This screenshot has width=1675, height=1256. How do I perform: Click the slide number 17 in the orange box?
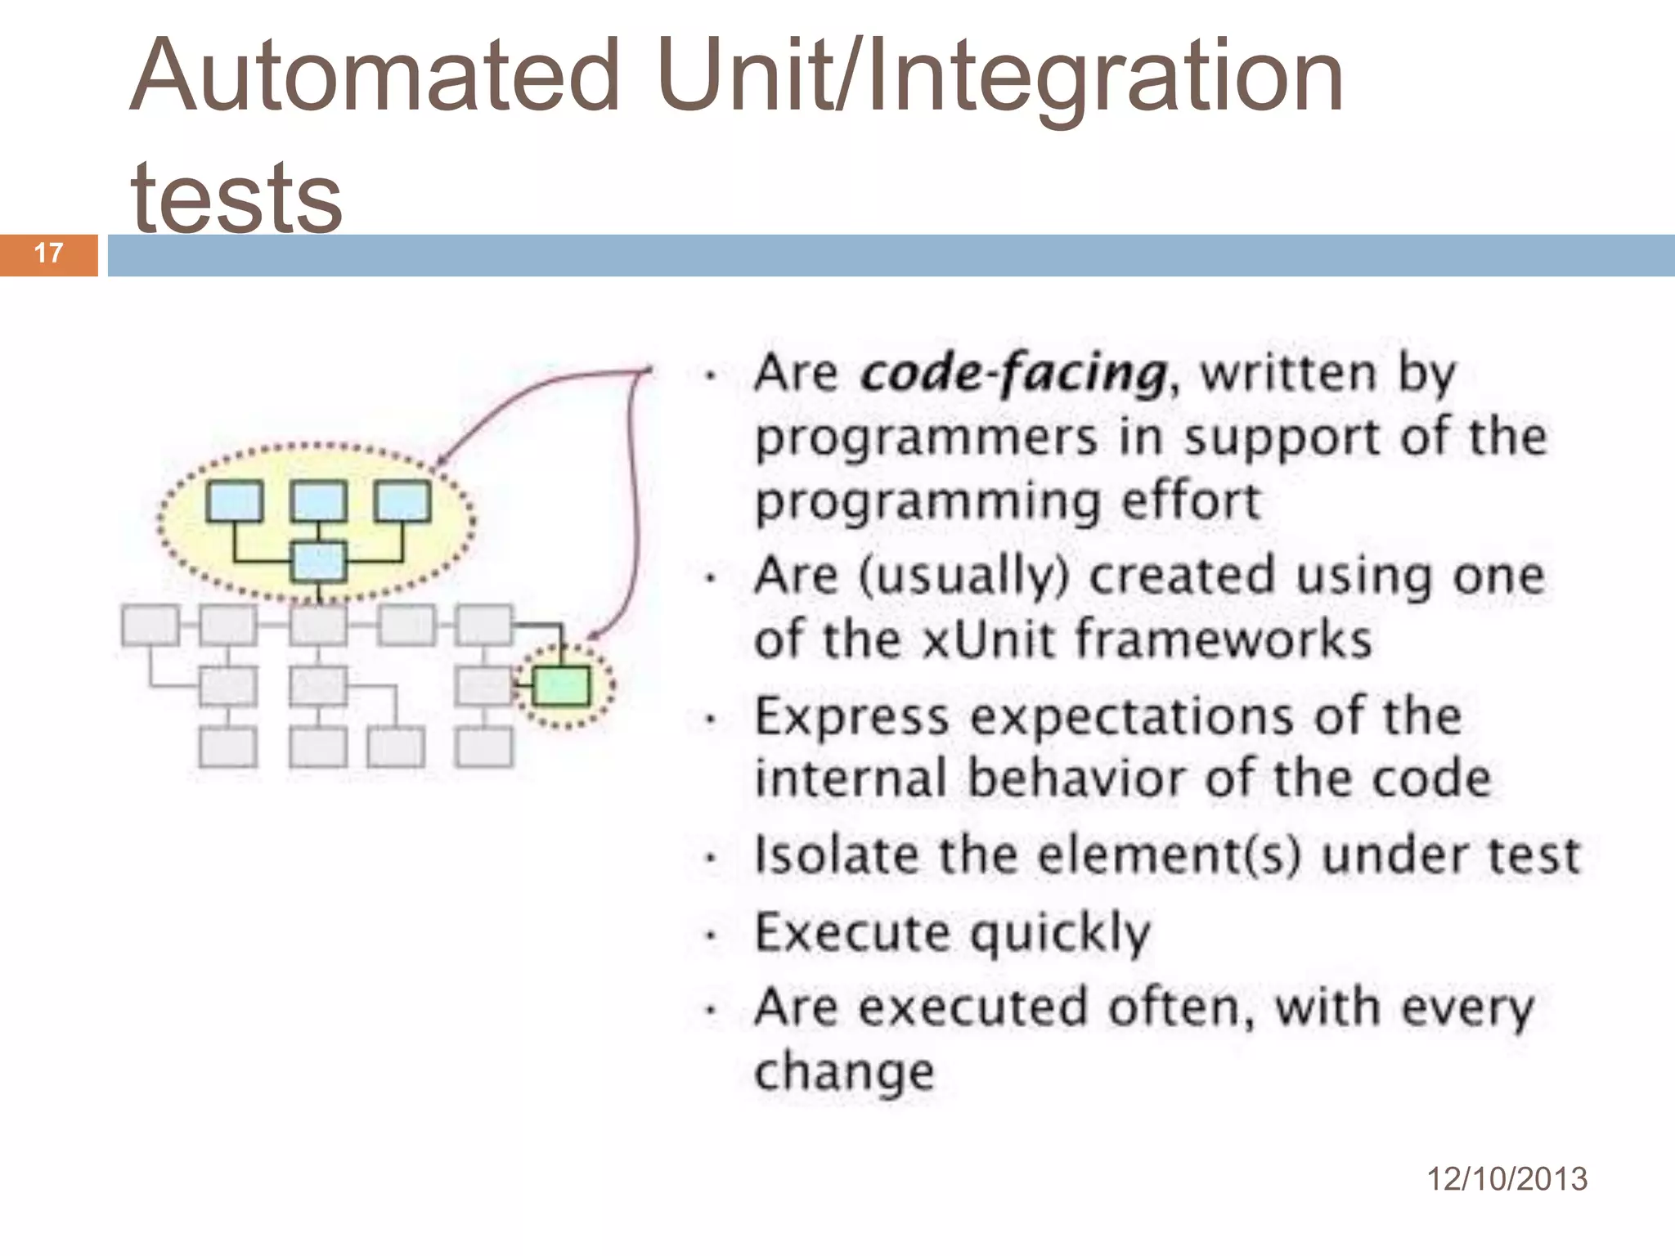(49, 253)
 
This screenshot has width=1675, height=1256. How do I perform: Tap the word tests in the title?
(236, 196)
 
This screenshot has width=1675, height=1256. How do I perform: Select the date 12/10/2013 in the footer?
(1507, 1179)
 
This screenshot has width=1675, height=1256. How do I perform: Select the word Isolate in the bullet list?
(837, 855)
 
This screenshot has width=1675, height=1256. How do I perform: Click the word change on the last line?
(844, 1072)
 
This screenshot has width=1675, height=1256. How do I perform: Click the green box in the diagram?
(561, 686)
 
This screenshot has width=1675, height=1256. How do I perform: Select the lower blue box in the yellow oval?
(318, 562)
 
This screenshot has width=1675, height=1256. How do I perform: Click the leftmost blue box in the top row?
(235, 501)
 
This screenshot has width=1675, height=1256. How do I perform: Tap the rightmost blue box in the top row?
(402, 501)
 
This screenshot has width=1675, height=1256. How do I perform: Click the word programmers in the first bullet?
(926, 437)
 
